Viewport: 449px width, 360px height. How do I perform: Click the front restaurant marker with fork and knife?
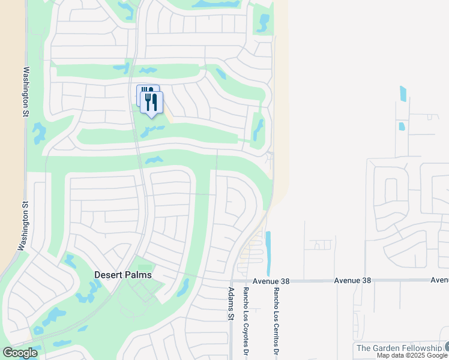point(152,102)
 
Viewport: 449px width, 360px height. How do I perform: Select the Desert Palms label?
point(123,275)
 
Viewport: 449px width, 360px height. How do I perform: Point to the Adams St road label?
point(230,304)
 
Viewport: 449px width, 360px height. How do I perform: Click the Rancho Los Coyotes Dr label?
point(245,318)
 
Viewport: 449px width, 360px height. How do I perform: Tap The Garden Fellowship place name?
point(399,348)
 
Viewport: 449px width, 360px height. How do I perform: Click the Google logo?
point(20,353)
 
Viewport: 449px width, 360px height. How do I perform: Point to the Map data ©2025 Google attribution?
point(412,356)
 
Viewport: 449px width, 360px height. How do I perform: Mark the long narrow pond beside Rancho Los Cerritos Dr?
point(268,253)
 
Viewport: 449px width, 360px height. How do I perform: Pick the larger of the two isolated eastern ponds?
point(403,94)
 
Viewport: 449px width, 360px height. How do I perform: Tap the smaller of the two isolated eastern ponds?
point(401,127)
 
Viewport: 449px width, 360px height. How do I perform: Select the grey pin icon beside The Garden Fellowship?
point(447,347)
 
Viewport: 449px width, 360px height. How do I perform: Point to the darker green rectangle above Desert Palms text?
point(145,268)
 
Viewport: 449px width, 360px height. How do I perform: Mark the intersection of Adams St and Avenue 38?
point(232,280)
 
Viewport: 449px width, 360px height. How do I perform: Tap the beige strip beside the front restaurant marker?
point(168,115)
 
